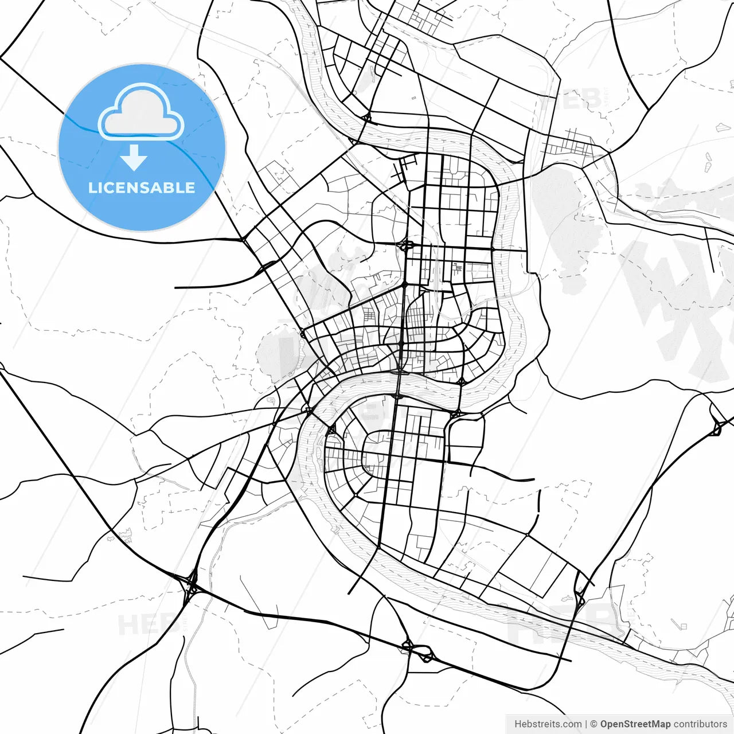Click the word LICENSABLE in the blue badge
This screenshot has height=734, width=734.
click(x=142, y=188)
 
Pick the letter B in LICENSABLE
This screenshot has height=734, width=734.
click(x=173, y=188)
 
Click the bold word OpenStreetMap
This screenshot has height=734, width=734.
click(x=635, y=724)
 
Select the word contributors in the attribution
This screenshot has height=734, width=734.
click(x=700, y=724)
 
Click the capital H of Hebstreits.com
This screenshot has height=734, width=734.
click(x=518, y=724)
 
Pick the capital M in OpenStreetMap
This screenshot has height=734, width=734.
click(x=657, y=724)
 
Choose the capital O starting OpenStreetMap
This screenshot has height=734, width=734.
click(x=604, y=724)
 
